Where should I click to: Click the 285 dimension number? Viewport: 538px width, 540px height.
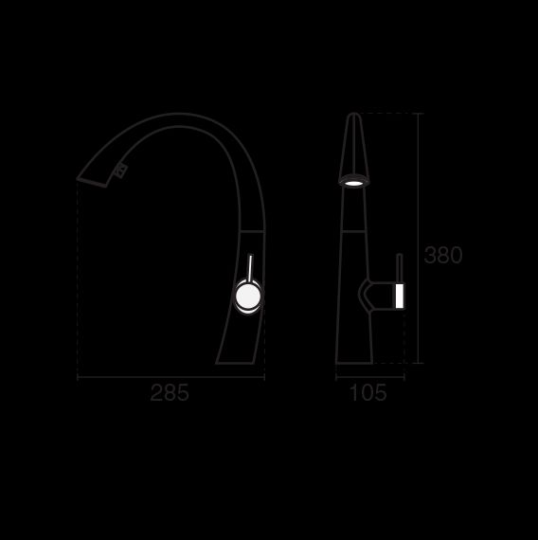170,392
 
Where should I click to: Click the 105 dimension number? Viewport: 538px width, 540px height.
368,392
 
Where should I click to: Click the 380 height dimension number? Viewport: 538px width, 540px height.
443,255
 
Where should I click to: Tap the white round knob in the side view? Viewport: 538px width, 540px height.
248,296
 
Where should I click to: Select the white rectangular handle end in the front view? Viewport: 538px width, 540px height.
400,296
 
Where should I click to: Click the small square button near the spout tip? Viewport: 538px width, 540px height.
121,171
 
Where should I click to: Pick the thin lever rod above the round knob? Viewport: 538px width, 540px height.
249,267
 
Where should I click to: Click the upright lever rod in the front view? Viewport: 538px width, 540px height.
400,268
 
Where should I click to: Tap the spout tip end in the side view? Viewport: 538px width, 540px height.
91,182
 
